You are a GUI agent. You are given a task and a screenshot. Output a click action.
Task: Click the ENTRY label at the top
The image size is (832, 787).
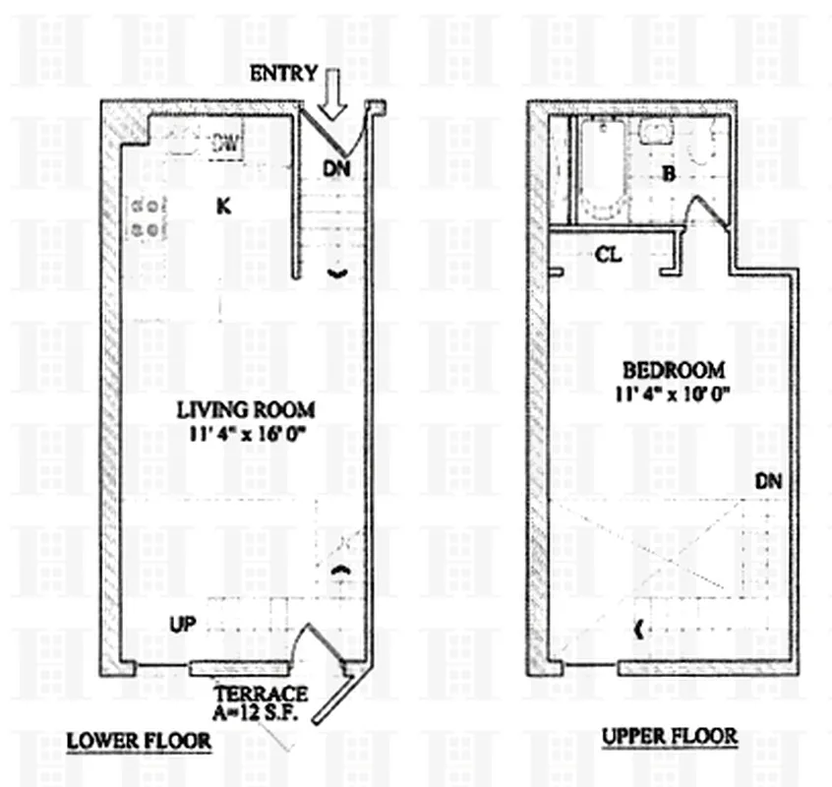tap(283, 74)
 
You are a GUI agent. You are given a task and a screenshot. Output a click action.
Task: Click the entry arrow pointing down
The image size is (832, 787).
tap(333, 95)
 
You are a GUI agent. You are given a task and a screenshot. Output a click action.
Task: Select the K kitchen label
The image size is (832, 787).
tap(223, 206)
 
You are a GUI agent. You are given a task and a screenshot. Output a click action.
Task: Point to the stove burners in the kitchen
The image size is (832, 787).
tap(146, 217)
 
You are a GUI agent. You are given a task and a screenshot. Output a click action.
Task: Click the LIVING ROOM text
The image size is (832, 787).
tap(246, 408)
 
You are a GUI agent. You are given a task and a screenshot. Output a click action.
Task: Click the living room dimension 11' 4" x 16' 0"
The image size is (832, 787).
tap(246, 430)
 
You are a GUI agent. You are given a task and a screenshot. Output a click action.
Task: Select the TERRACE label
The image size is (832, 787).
tap(261, 694)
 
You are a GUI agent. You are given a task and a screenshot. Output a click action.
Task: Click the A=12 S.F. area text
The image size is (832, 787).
tap(261, 711)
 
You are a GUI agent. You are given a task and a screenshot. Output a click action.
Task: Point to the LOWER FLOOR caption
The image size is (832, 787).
tap(139, 740)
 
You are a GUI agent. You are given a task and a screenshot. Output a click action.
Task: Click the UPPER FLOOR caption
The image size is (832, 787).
tap(669, 736)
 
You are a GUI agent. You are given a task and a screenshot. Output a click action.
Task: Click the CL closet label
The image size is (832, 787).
tap(609, 255)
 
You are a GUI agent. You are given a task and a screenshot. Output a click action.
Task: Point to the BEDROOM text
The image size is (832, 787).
tap(675, 371)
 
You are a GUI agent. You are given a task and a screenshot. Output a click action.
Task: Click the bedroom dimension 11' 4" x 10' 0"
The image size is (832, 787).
tap(675, 392)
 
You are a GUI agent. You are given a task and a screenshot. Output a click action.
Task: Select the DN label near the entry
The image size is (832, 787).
tap(336, 168)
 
